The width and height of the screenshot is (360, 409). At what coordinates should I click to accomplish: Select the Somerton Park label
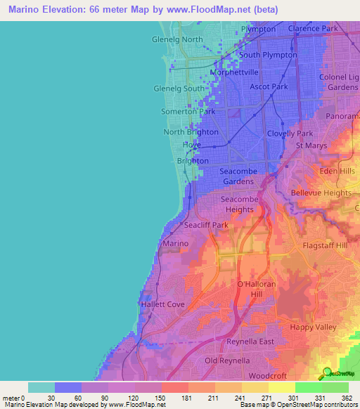click(188, 112)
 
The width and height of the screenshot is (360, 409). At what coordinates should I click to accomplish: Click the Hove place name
click(192, 145)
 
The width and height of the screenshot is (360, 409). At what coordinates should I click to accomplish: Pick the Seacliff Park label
click(205, 225)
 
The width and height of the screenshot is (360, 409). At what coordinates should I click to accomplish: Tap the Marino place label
click(175, 243)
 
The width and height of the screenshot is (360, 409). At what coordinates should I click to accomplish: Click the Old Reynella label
click(227, 361)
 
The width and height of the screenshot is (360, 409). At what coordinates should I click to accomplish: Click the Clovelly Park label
click(290, 133)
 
